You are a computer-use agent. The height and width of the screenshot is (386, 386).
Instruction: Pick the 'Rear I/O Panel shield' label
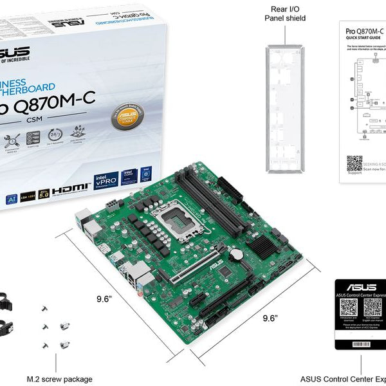coord(284,13)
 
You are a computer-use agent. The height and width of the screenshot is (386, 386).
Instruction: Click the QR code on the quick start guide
coord(354,163)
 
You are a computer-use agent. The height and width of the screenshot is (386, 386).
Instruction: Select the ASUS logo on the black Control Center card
coord(360,288)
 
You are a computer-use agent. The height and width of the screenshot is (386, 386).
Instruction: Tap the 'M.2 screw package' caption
coord(59,379)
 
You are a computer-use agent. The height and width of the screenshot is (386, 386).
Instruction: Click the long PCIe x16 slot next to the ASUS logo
coord(199,270)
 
